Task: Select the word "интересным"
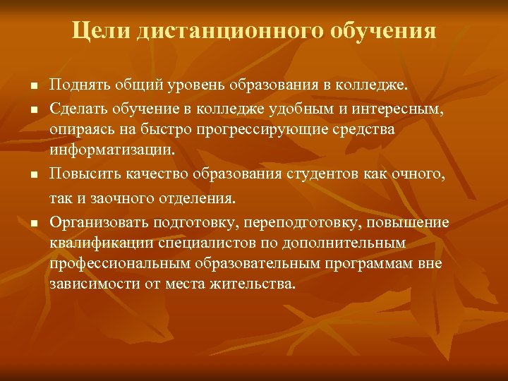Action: pyautogui.click(x=399, y=108)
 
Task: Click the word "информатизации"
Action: pyautogui.click(x=102, y=150)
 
